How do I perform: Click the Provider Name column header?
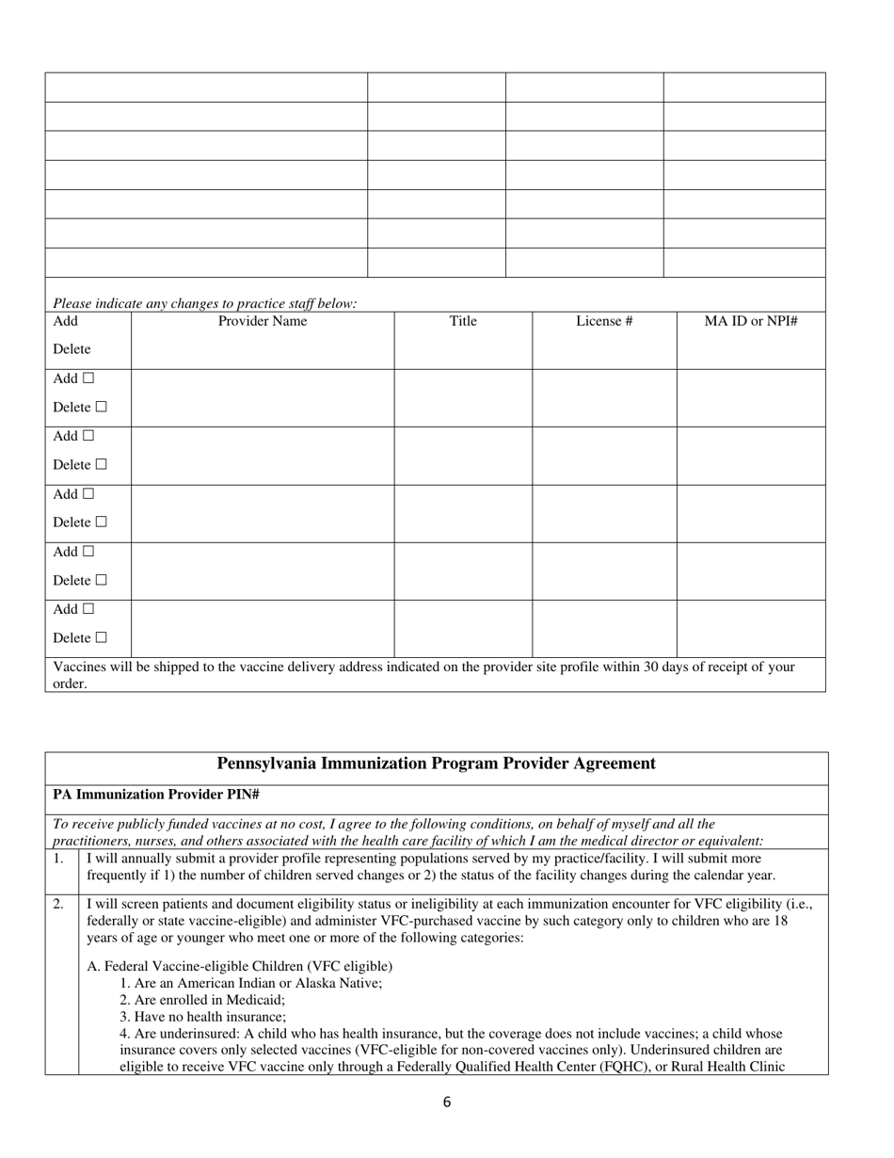pos(263,321)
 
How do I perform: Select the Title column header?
pos(463,321)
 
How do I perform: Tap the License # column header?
pos(604,321)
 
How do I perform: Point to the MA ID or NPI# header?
pos(751,321)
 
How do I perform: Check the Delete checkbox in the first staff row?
pos(101,408)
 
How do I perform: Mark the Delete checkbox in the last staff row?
pos(101,638)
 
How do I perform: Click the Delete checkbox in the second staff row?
pos(101,465)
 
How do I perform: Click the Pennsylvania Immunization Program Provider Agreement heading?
pos(437,764)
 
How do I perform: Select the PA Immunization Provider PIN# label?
pos(156,795)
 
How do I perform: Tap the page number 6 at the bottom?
pos(446,1102)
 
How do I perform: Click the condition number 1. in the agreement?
pos(58,859)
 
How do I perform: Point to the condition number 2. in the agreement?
pos(58,904)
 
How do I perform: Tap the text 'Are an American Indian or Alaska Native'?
pos(250,983)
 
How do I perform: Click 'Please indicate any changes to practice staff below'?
pos(205,303)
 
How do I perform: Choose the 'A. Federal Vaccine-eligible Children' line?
pos(240,966)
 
